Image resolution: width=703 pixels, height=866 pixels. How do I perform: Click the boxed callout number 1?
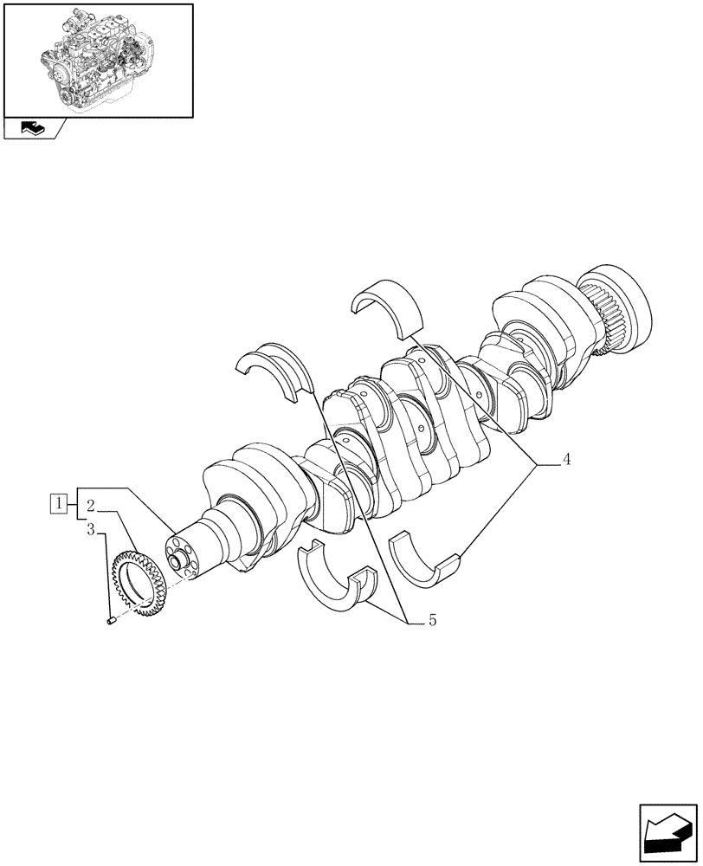(58, 501)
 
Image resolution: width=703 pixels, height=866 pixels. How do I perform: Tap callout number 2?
(90, 503)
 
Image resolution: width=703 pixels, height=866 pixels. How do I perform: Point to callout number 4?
(565, 460)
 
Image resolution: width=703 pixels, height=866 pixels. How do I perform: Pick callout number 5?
(432, 620)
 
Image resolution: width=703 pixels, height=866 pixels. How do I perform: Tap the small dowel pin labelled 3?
(110, 619)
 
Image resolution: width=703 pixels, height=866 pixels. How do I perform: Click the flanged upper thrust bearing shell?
(274, 369)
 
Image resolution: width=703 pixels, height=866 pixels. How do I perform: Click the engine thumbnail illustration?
(98, 60)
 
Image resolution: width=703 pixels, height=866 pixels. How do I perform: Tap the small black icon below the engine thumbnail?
(32, 129)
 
